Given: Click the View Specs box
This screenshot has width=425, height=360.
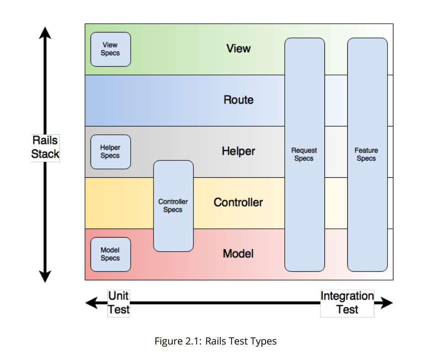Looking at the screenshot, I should (111, 49).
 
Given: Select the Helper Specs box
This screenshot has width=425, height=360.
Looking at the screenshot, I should (111, 152).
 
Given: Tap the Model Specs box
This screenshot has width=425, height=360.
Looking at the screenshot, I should (111, 254).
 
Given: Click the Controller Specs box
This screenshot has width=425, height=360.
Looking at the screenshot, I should (173, 206).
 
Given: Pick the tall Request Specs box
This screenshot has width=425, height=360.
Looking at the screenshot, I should (304, 154).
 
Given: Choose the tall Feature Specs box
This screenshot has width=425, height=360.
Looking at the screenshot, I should (367, 154).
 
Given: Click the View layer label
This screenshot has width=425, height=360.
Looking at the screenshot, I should (239, 48).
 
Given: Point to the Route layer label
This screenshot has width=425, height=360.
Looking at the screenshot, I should (239, 100).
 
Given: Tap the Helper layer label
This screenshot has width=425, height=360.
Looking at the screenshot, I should (239, 151).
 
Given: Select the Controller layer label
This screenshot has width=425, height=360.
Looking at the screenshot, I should (238, 202).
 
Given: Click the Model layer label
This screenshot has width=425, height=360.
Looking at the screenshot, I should (238, 254).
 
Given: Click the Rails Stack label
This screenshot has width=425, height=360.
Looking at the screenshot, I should (45, 147).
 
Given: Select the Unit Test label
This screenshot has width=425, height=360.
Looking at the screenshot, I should (119, 302).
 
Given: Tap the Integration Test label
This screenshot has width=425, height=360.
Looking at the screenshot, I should (347, 302).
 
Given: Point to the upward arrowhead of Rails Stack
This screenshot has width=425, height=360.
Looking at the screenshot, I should (45, 33).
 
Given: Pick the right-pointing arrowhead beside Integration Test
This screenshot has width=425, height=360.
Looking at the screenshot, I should (387, 302).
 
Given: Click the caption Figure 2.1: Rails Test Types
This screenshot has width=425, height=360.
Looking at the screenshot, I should (216, 341).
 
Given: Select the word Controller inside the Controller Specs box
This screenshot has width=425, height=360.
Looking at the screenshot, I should (173, 201).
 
